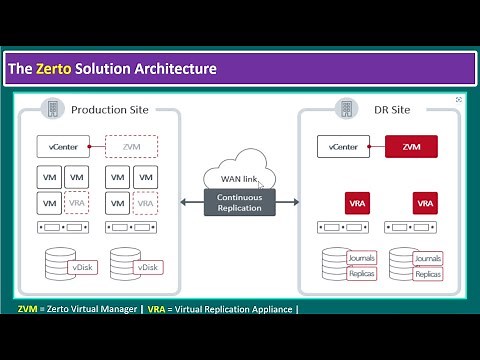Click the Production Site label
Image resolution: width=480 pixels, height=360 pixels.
click(110, 109)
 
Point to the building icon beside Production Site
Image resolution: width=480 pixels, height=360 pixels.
click(50, 108)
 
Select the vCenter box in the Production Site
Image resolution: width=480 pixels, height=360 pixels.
click(61, 147)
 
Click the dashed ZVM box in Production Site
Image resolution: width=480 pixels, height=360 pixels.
click(131, 147)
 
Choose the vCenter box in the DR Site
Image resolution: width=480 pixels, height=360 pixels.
click(343, 147)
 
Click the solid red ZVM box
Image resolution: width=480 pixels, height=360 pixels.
click(411, 147)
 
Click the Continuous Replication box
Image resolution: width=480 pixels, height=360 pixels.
click(239, 202)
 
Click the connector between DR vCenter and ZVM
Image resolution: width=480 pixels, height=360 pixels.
click(377, 147)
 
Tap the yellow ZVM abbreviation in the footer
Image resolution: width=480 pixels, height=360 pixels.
click(28, 309)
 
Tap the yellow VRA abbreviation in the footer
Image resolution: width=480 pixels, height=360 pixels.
click(156, 309)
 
